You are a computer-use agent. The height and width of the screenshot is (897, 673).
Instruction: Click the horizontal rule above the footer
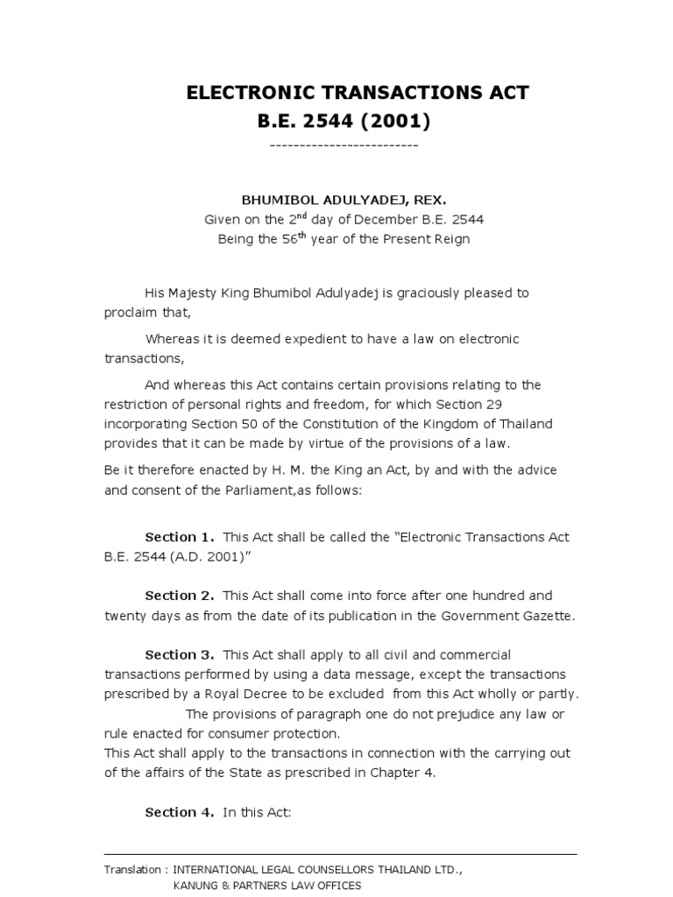[340, 854]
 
